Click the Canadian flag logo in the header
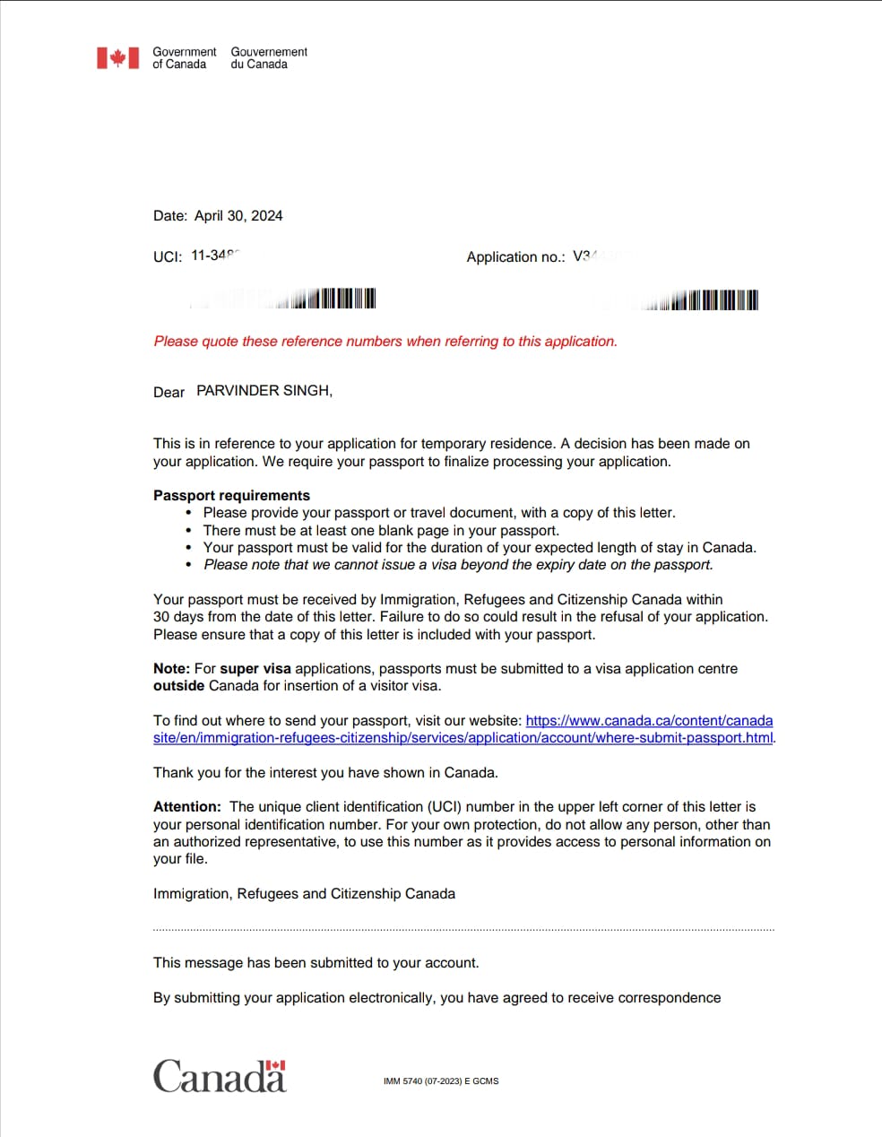click(117, 58)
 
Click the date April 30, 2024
click(238, 216)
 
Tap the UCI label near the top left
click(168, 256)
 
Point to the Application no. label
click(515, 257)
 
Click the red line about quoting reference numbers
click(385, 342)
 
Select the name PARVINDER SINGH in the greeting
click(264, 391)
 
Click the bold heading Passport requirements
click(231, 496)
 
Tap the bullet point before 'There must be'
click(188, 531)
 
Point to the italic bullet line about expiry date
click(458, 565)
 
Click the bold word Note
click(170, 669)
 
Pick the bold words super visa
click(255, 669)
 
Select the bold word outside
click(178, 686)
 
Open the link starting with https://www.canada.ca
click(649, 721)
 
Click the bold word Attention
click(186, 807)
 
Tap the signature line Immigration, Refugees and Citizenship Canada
click(304, 894)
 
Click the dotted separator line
click(463, 930)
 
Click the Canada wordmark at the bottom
click(220, 1076)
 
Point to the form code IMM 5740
click(440, 1081)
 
